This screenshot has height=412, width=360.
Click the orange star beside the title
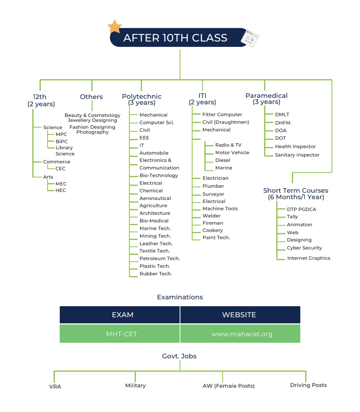pyautogui.click(x=115, y=27)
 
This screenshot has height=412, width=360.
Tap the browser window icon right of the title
pyautogui.click(x=250, y=38)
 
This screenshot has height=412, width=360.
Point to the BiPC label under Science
pyautogui.click(x=62, y=141)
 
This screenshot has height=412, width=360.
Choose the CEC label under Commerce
pyautogui.click(x=61, y=169)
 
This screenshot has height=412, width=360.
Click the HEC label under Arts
pyautogui.click(x=61, y=190)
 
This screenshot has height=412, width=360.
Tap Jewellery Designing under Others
pyautogui.click(x=92, y=120)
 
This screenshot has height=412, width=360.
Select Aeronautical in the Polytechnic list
pyautogui.click(x=155, y=198)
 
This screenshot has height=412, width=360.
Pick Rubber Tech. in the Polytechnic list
pyautogui.click(x=156, y=274)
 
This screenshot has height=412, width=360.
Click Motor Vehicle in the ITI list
pyautogui.click(x=232, y=153)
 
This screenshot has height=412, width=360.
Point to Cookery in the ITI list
pyautogui.click(x=213, y=230)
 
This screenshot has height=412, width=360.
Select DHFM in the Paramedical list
pyautogui.click(x=283, y=123)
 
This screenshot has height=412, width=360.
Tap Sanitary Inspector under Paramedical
pyautogui.click(x=297, y=155)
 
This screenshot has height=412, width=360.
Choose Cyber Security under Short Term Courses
pyautogui.click(x=304, y=248)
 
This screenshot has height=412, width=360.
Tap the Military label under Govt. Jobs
pyautogui.click(x=135, y=385)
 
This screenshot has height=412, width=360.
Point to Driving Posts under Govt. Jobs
pyautogui.click(x=308, y=385)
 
